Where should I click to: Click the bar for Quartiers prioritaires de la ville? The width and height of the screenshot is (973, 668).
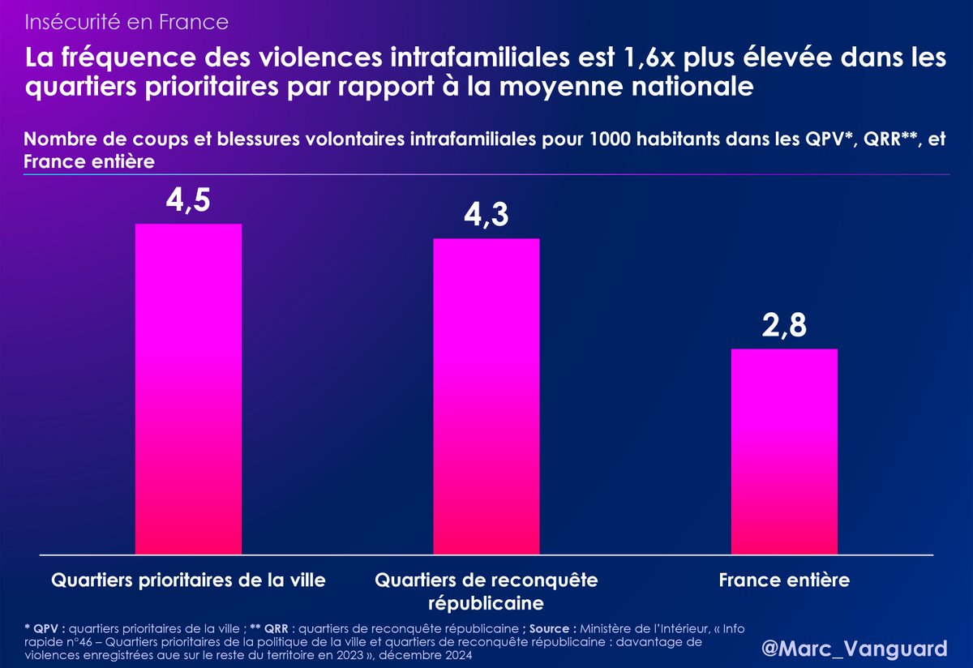pyautogui.click(x=188, y=389)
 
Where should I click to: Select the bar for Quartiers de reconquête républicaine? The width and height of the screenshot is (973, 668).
pyautogui.click(x=486, y=396)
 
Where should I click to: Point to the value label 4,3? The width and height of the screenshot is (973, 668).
pyautogui.click(x=486, y=216)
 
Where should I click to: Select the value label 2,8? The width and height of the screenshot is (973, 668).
pyautogui.click(x=784, y=327)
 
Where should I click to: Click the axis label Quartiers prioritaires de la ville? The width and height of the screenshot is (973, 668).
pyautogui.click(x=188, y=580)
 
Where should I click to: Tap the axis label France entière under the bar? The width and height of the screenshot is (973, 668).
pyautogui.click(x=784, y=580)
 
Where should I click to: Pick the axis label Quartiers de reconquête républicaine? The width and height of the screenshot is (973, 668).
pyautogui.click(x=486, y=592)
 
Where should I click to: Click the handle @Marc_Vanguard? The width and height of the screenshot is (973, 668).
pyautogui.click(x=855, y=649)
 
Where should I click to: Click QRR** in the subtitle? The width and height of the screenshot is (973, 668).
pyautogui.click(x=889, y=139)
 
